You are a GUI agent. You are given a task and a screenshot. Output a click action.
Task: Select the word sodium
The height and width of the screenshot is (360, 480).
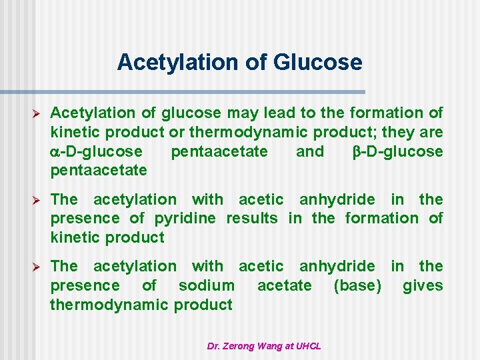206,286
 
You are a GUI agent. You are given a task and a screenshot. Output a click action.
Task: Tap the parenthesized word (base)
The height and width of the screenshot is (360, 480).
357,286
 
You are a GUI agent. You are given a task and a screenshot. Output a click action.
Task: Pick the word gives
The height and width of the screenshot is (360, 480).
423,286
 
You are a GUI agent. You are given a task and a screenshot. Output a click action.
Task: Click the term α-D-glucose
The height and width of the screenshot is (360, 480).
96,151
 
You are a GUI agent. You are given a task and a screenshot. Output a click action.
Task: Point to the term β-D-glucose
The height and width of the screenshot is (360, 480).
397,151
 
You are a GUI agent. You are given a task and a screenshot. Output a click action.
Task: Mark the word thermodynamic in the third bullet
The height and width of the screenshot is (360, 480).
109,305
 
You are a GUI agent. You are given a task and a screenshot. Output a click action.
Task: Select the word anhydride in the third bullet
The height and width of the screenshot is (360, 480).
337,267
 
